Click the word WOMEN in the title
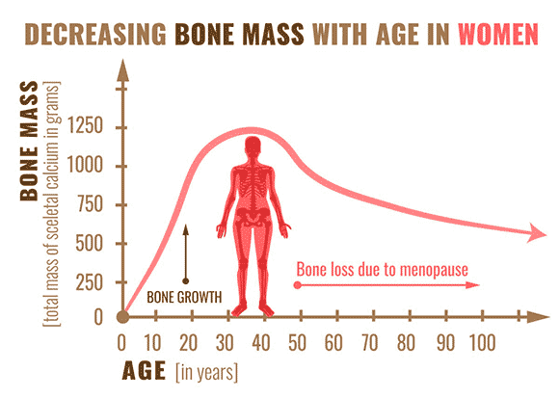tap(498, 35)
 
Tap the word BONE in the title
tap(204, 35)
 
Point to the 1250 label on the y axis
tap(85, 125)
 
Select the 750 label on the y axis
tap(90, 204)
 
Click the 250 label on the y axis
tap(90, 282)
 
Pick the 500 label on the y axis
tap(90, 243)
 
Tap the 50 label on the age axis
tap(297, 343)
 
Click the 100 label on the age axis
tap(482, 343)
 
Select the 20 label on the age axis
tap(188, 343)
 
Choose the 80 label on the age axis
tap(407, 343)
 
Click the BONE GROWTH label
tap(184, 297)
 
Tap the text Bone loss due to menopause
tap(383, 269)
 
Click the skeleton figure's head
tap(253, 146)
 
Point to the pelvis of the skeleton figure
tap(253, 214)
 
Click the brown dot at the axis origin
tap(123, 317)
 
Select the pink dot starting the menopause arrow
tap(297, 285)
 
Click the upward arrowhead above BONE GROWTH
tap(185, 229)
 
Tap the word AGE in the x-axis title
tap(144, 371)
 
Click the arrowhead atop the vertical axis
tap(123, 70)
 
